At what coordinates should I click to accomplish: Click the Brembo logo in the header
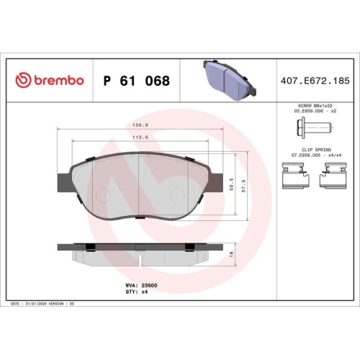50,81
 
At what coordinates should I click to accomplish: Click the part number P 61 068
137,81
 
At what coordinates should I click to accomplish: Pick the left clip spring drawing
292,176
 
